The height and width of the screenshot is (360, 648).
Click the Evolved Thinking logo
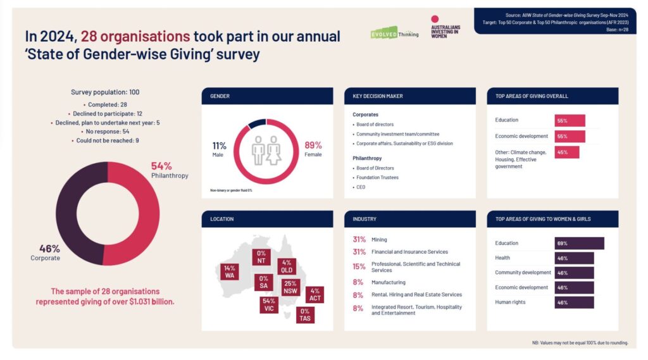pyautogui.click(x=394, y=32)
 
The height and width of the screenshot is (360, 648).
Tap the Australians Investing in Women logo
pyautogui.click(x=445, y=27)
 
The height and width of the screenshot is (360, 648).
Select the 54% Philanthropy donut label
pyautogui.click(x=169, y=170)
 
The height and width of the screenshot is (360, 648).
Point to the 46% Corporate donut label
pyautogui.click(x=45, y=252)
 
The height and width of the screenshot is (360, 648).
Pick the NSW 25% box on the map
pyautogui.click(x=290, y=287)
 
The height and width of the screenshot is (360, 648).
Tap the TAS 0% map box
pyautogui.click(x=305, y=314)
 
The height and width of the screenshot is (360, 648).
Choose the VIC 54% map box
pyautogui.click(x=268, y=305)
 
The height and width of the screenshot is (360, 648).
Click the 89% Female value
pyautogui.click(x=313, y=149)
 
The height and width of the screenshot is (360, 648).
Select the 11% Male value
pyautogui.click(x=220, y=149)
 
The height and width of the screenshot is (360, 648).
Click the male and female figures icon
pyautogui.click(x=266, y=151)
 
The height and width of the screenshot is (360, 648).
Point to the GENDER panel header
pyautogui.click(x=267, y=96)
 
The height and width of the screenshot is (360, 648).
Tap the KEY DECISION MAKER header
pyautogui.click(x=409, y=96)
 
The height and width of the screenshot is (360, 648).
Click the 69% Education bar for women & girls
pyautogui.click(x=579, y=243)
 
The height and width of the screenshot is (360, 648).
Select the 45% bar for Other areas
pyautogui.click(x=567, y=152)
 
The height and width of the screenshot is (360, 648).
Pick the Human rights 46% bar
pyautogui.click(x=574, y=302)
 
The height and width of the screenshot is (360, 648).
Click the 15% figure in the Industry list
pyautogui.click(x=359, y=267)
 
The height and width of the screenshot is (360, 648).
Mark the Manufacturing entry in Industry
pyautogui.click(x=388, y=282)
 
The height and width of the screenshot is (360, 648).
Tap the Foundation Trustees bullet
pyautogui.click(x=377, y=178)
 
